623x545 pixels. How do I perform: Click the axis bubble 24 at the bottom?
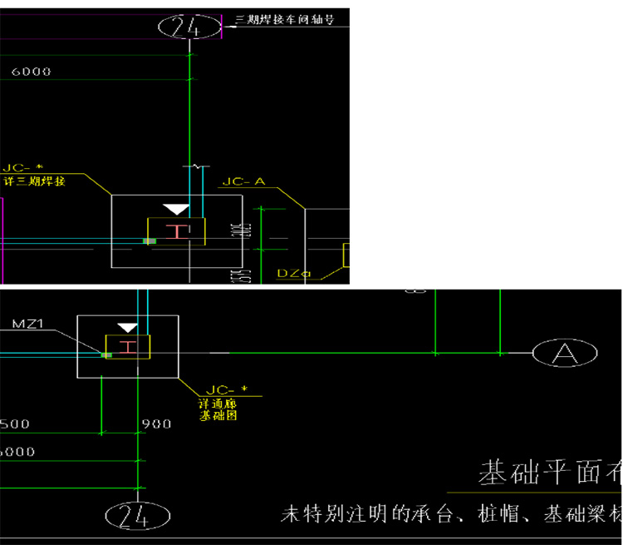pyautogui.click(x=138, y=516)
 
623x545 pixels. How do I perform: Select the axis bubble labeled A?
pyautogui.click(x=565, y=354)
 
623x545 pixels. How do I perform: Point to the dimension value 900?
pyautogui.click(x=156, y=424)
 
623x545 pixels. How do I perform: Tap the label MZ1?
pyautogui.click(x=27, y=324)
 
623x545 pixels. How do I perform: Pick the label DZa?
pyautogui.click(x=293, y=272)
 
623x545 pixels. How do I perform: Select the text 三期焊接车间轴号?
pyautogui.click(x=285, y=19)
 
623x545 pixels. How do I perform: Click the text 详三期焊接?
pyautogui.click(x=34, y=181)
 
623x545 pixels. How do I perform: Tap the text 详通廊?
pyautogui.click(x=213, y=403)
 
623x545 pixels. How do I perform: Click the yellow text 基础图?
pyautogui.click(x=218, y=414)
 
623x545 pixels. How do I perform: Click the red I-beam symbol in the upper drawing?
pyautogui.click(x=177, y=231)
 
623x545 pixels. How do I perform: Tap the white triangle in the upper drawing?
pyautogui.click(x=176, y=209)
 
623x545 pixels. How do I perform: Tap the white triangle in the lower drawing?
pyautogui.click(x=127, y=328)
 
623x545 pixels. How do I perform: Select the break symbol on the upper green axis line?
pyautogui.click(x=198, y=167)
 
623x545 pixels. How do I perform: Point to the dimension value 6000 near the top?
pyautogui.click(x=31, y=72)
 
